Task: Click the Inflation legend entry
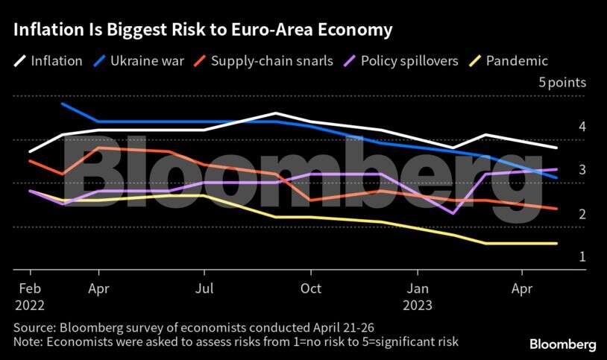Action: pos(56,61)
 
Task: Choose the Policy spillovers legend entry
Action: pos(409,61)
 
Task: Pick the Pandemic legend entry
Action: pos(516,61)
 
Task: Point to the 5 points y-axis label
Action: pos(562,83)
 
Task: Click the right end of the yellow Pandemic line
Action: pos(557,243)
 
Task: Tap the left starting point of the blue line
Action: pos(62,104)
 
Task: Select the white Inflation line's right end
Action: pos(557,148)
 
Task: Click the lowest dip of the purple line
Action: pos(453,213)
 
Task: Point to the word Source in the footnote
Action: pos(34,327)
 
